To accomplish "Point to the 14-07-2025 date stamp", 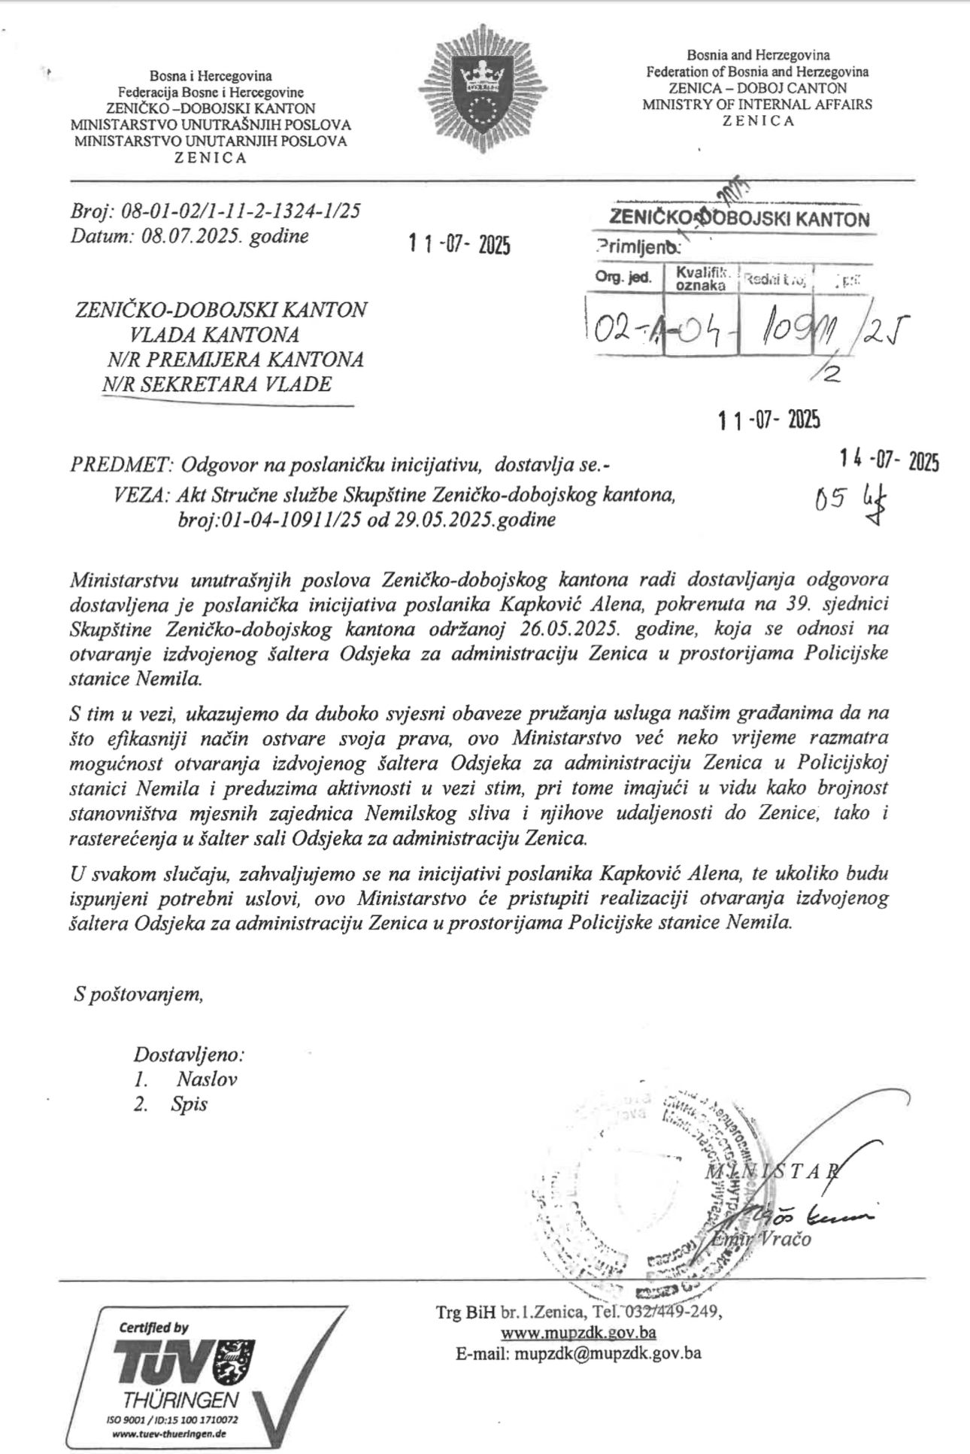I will click(x=890, y=461).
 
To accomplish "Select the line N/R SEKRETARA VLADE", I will click(x=218, y=384).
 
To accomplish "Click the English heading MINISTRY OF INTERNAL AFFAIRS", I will click(x=757, y=105).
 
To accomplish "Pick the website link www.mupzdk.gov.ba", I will click(x=579, y=1332).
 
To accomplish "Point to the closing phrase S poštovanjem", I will click(x=138, y=994).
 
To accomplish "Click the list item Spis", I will click(x=189, y=1104).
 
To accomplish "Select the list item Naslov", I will click(x=207, y=1079).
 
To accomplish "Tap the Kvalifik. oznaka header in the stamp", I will click(x=702, y=278).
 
